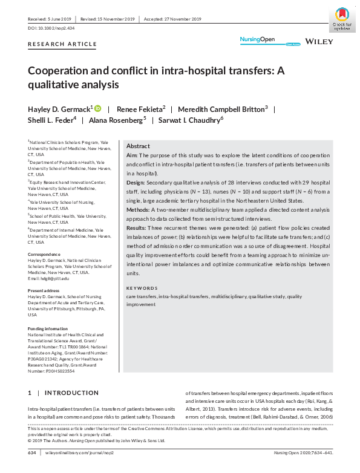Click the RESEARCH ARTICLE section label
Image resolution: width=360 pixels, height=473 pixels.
pos(62,44)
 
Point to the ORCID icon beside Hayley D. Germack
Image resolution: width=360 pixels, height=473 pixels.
pos(97,109)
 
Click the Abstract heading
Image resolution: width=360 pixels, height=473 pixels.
pos(138,146)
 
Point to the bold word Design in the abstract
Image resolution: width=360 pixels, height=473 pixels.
pos(136,182)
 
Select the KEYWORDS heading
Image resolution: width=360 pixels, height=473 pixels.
pos(142,288)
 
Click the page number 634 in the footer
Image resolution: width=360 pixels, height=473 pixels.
pos(33,452)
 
